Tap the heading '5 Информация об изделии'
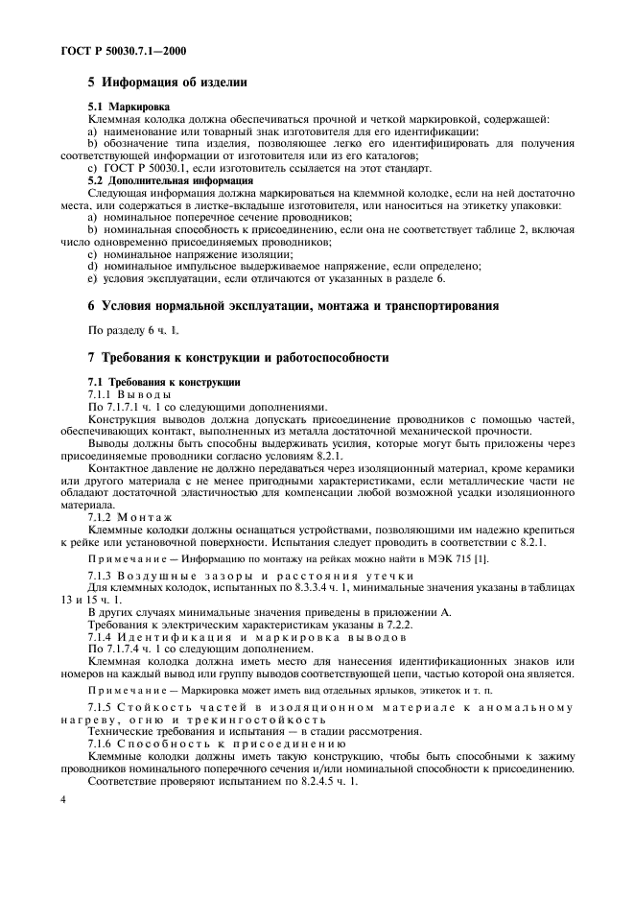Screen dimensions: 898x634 168,83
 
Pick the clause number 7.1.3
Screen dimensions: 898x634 100,575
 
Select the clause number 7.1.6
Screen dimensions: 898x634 100,744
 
